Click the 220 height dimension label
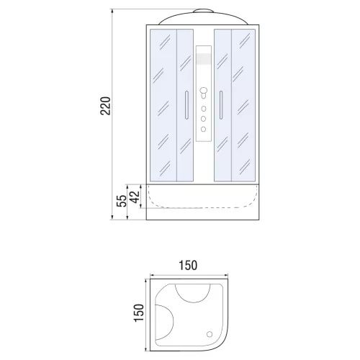[105, 106]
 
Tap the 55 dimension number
[122, 201]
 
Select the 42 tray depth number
[135, 197]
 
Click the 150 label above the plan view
[188, 266]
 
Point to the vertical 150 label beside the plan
[139, 312]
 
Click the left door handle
[186, 105]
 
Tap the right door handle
[221, 105]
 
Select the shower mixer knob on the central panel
[204, 91]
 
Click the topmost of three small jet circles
[204, 109]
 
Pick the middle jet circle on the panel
[203, 119]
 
